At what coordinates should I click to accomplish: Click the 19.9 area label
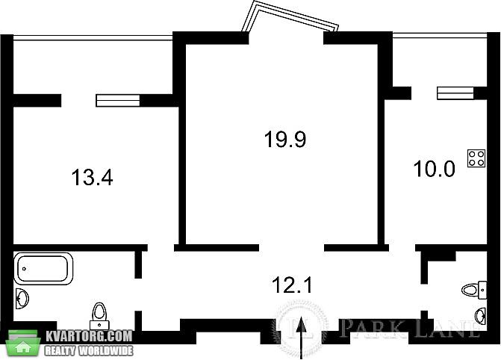pos(285,140)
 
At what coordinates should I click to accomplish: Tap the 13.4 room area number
pos(92,177)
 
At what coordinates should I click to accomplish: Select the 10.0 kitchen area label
pos(434,169)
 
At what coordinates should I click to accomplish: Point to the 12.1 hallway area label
pos(292,285)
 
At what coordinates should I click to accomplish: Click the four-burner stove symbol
pos(476,158)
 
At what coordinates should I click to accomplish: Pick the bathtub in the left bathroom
pos(43,269)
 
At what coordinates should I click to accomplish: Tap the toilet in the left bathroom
pos(99,316)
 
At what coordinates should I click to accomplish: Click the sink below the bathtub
pos(22,299)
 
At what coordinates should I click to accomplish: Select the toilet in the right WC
pos(474,291)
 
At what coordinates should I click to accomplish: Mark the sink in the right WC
pos(481,316)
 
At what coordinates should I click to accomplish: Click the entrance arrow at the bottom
pos(301,338)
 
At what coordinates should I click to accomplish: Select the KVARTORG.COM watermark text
pos(89,336)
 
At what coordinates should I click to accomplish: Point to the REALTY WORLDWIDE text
pos(89,351)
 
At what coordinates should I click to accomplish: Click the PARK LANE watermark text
pos(410,328)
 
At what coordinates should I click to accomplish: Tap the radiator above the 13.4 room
pos(118,100)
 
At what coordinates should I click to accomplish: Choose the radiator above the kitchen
pos(455,93)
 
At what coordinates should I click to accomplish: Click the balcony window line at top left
pos(93,37)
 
